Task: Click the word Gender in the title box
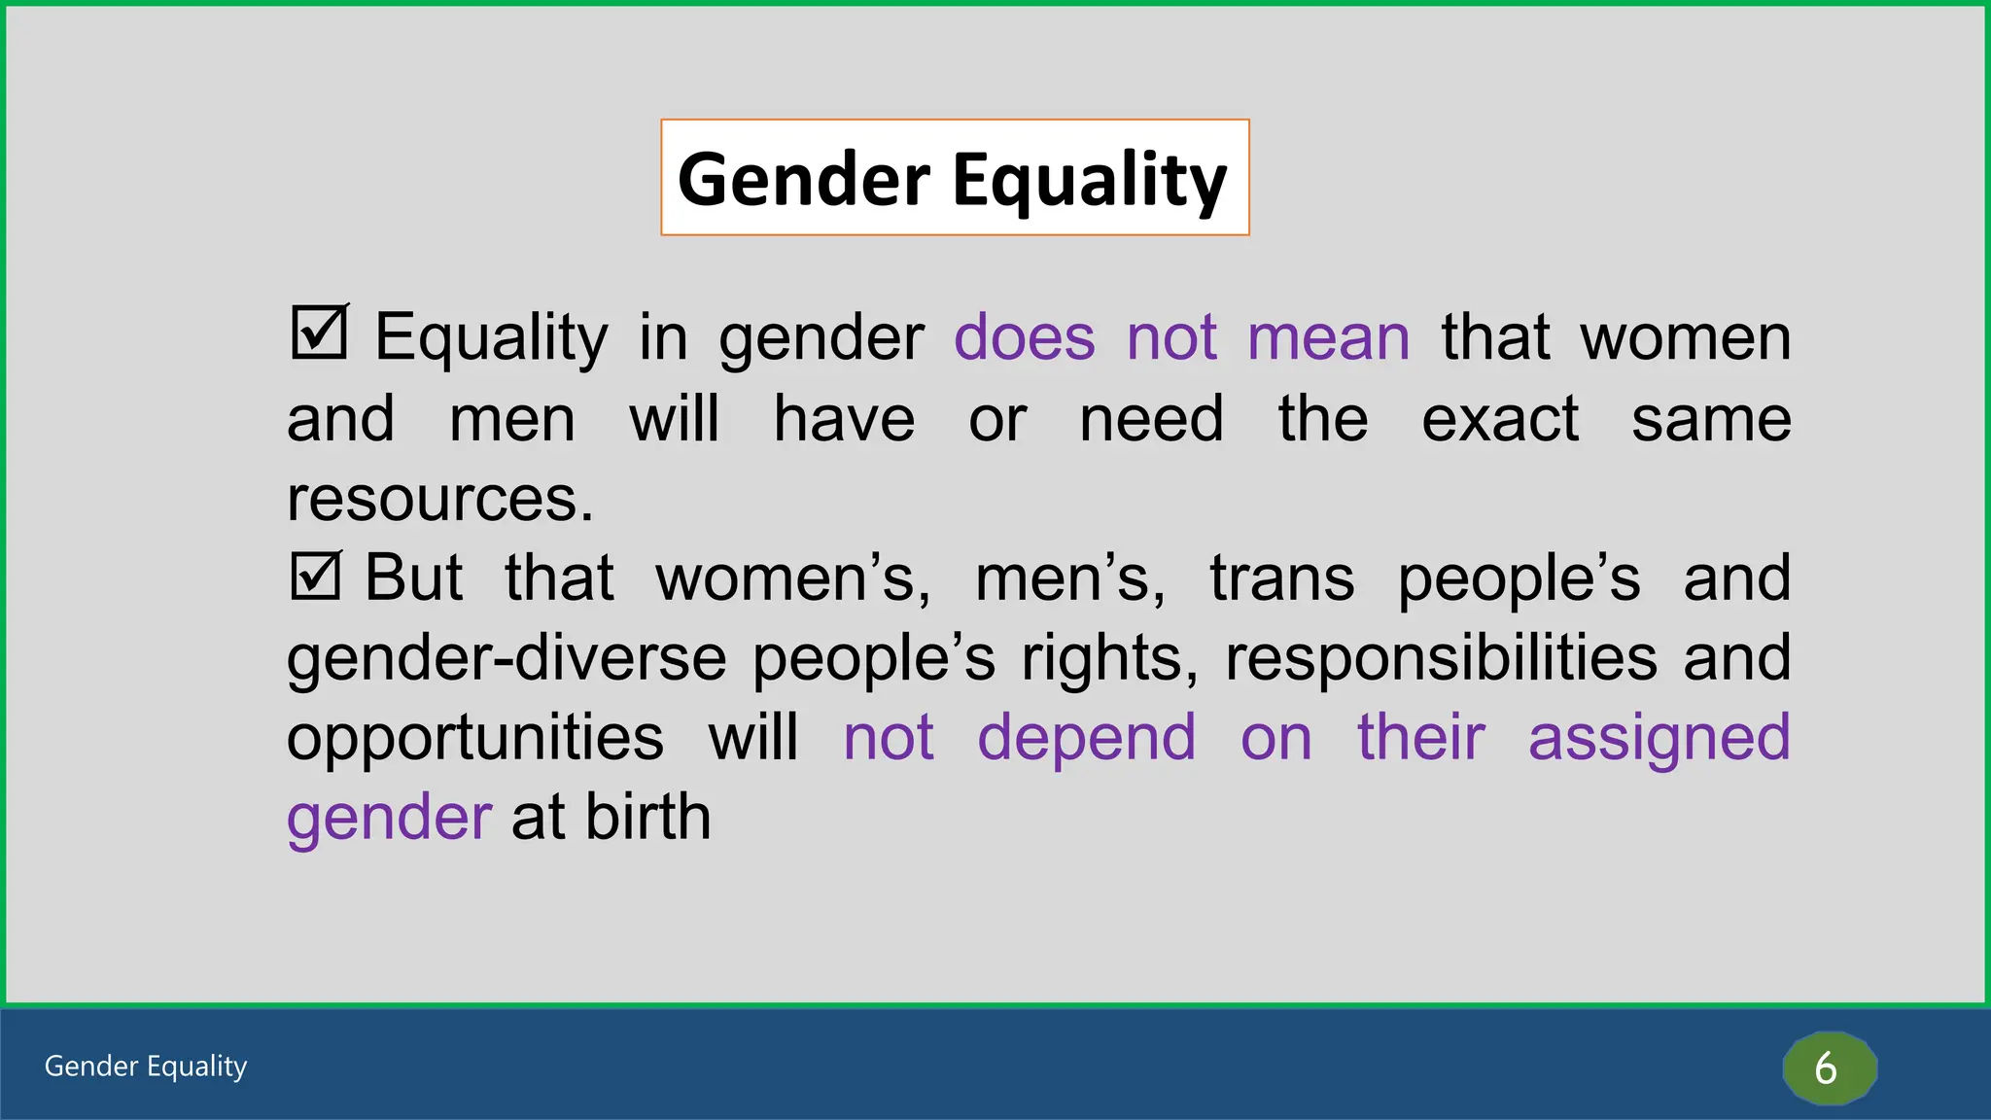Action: tap(803, 180)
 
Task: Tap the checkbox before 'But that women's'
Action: tap(315, 576)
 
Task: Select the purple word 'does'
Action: tap(1024, 337)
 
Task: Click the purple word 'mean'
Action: tap(1328, 337)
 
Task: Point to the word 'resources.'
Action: tap(439, 499)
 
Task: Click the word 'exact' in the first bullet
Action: tap(1499, 419)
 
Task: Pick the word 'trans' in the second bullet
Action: tap(1281, 577)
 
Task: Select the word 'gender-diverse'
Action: tap(506, 658)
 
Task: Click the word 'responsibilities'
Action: tap(1441, 658)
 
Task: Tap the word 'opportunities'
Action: tap(475, 737)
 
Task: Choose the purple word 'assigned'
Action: tap(1659, 739)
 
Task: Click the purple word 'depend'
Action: tap(1086, 739)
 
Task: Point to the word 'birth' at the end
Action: tap(647, 817)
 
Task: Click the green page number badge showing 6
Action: tap(1828, 1067)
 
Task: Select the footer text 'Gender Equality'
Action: tap(146, 1066)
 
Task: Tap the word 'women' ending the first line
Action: tap(1685, 337)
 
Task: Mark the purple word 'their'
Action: tap(1420, 737)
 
